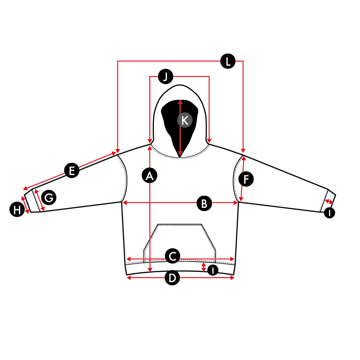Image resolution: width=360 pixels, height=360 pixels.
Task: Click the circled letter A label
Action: click(149, 176)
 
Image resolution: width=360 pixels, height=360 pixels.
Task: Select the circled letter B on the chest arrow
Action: click(204, 203)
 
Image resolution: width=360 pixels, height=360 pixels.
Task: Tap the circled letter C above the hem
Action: click(172, 256)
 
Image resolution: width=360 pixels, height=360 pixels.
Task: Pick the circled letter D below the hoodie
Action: click(172, 278)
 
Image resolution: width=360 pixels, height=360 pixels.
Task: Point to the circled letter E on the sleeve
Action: click(72, 171)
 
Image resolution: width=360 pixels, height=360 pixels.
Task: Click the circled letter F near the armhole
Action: click(246, 179)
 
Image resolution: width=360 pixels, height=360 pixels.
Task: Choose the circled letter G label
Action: click(49, 198)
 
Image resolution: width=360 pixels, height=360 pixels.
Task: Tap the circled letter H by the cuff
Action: click(17, 209)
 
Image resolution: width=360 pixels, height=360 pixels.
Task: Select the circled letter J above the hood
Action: click(166, 76)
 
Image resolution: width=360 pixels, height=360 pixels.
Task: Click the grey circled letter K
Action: click(185, 120)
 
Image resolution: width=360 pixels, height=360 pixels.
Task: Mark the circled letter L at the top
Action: click(228, 61)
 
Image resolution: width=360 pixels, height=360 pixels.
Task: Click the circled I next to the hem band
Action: click(213, 270)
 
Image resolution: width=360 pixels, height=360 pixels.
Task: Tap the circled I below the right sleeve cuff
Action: click(329, 213)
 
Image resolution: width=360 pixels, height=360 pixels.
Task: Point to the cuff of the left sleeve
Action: click(32, 201)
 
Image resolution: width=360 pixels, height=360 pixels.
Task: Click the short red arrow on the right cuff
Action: click(329, 202)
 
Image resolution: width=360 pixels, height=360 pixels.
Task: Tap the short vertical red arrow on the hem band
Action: click(203, 267)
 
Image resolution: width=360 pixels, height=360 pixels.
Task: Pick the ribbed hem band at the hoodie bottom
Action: click(180, 267)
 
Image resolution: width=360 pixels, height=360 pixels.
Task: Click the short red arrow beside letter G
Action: click(39, 200)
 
